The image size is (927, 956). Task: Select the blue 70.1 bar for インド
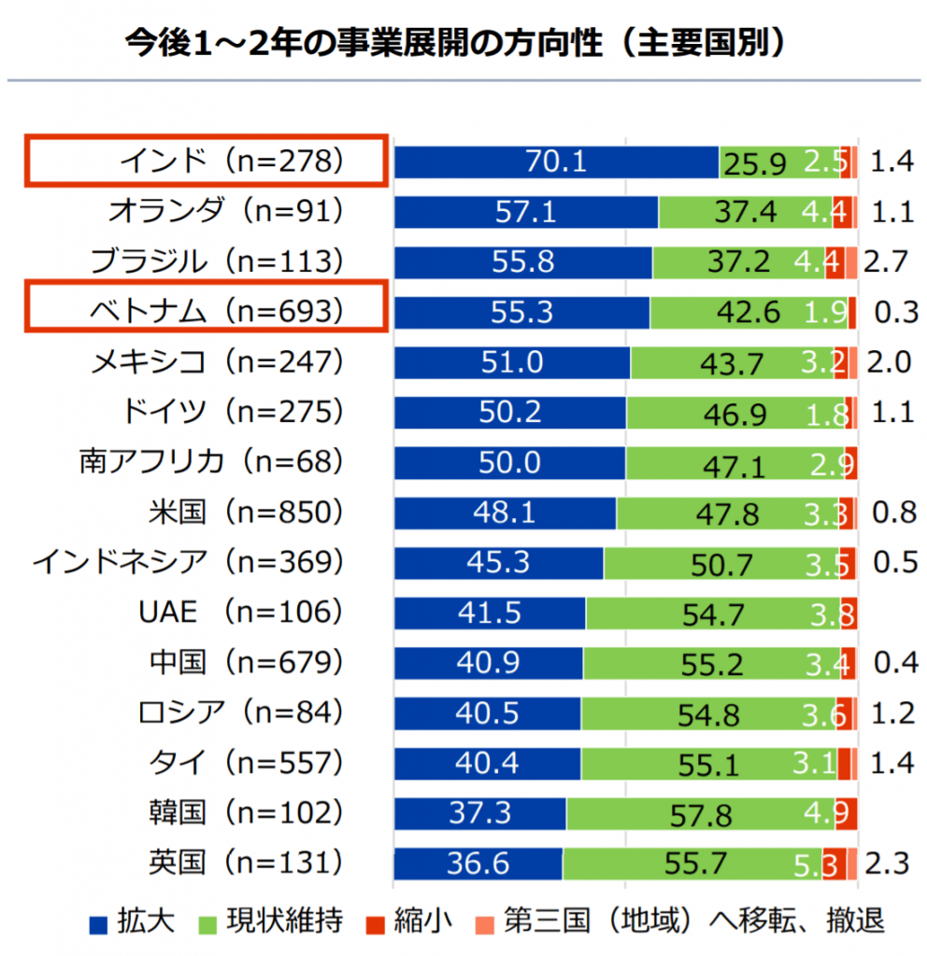[x=556, y=162]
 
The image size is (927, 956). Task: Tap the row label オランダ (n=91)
[x=225, y=212]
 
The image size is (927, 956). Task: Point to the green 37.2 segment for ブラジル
[x=738, y=262]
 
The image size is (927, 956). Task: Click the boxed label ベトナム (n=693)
[x=205, y=312]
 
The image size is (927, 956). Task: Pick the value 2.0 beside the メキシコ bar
[x=888, y=362]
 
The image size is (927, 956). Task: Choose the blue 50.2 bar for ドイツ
[x=509, y=413]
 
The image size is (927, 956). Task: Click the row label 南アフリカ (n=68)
[x=211, y=462]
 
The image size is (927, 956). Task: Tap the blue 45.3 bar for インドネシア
[x=498, y=563]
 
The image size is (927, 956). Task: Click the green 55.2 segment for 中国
[x=711, y=664]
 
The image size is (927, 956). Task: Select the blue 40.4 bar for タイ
[x=487, y=764]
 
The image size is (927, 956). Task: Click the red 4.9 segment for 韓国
[x=847, y=814]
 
